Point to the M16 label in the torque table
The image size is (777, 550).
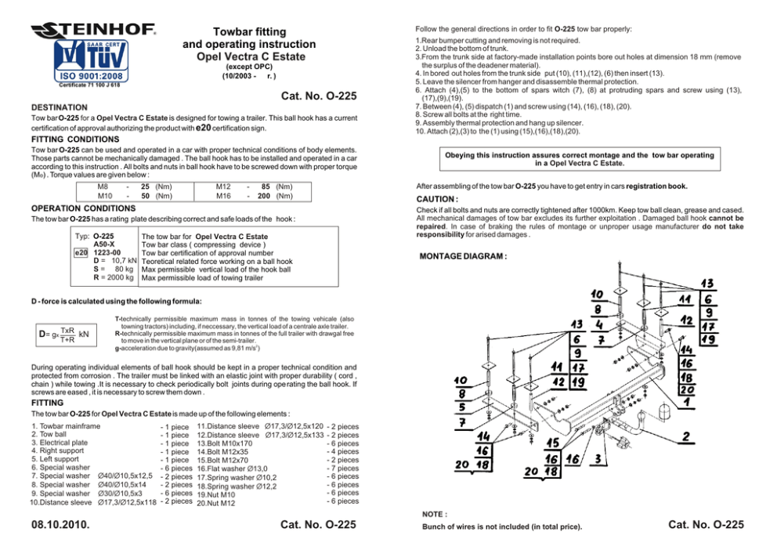[223, 195]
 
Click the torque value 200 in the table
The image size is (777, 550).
[266, 195]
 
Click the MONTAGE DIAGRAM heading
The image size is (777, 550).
[464, 256]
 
